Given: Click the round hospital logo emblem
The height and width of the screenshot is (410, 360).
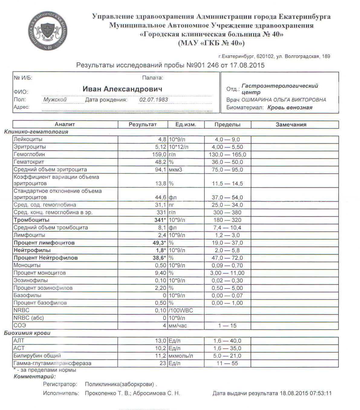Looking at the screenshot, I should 47,32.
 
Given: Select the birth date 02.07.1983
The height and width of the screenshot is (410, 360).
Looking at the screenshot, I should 154,100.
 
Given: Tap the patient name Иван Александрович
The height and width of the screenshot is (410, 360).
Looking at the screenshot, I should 122,89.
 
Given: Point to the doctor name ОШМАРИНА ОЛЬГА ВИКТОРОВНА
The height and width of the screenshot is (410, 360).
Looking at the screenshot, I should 284,100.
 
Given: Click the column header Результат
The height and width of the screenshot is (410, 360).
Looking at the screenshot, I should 143,124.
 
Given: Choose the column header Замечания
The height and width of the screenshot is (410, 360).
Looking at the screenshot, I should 291,124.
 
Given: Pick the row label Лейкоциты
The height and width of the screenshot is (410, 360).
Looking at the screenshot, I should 28,139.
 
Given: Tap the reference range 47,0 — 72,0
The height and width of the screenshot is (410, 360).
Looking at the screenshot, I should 227,258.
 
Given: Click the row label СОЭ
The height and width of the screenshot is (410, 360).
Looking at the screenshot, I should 20,325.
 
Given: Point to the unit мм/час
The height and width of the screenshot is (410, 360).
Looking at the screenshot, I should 178,326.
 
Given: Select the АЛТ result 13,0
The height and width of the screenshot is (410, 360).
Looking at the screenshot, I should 161,341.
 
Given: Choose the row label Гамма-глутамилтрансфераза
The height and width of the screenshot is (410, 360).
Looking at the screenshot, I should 52,363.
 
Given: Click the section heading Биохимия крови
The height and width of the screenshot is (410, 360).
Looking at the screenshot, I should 27,333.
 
